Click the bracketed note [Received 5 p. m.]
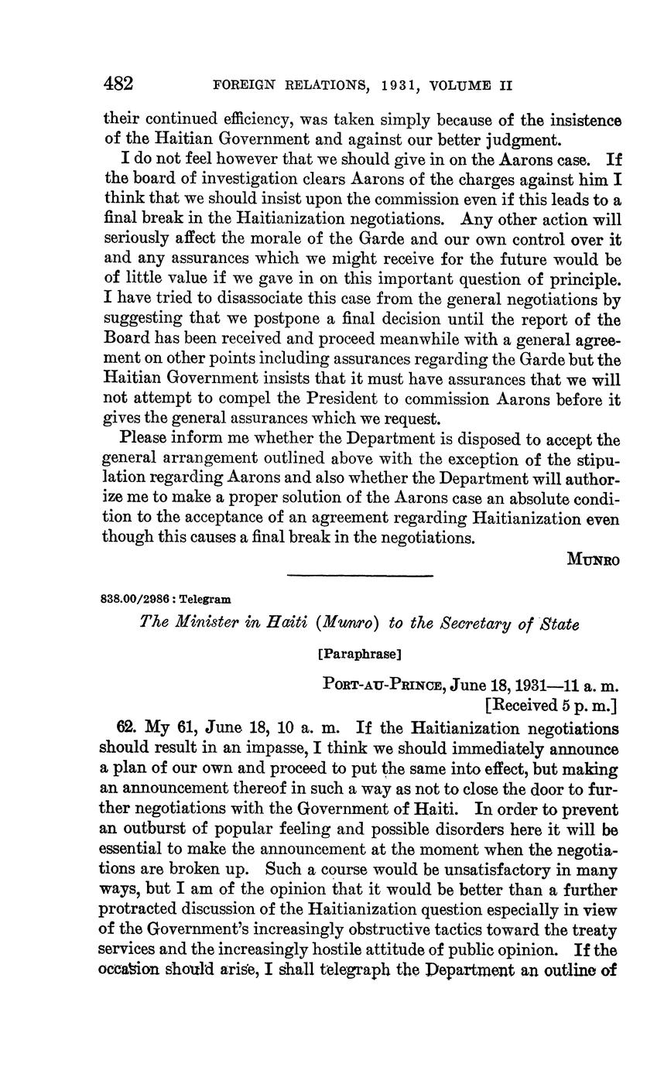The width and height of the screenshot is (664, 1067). click(551, 705)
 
